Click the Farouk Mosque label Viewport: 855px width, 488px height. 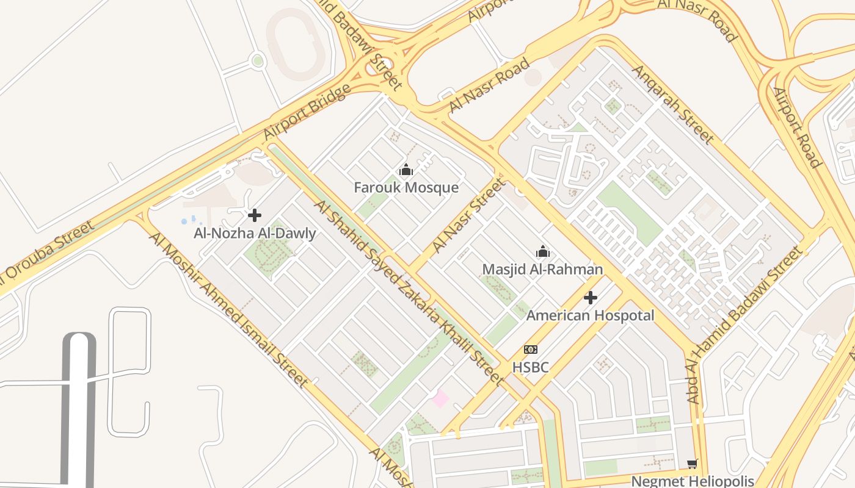406,187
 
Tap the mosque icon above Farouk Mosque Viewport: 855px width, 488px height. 406,170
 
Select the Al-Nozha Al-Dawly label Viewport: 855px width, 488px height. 255,233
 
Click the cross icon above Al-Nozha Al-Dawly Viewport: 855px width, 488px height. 255,215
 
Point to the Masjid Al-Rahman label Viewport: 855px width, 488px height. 542,269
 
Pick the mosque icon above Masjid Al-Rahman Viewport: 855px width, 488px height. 542,251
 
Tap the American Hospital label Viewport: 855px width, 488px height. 590,315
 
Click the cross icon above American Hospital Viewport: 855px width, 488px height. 590,298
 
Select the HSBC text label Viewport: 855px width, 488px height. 530,367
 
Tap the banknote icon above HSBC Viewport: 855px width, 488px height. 530,350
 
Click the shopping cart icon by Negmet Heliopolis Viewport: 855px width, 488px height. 692,464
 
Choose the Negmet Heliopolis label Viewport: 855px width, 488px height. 692,481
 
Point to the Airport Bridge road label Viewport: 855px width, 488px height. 307,112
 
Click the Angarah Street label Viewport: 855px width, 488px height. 672,104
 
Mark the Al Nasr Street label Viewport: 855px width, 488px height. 469,215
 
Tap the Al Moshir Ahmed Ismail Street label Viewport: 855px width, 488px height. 229,310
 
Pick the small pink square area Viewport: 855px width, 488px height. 440,399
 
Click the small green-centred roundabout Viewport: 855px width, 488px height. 258,60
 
